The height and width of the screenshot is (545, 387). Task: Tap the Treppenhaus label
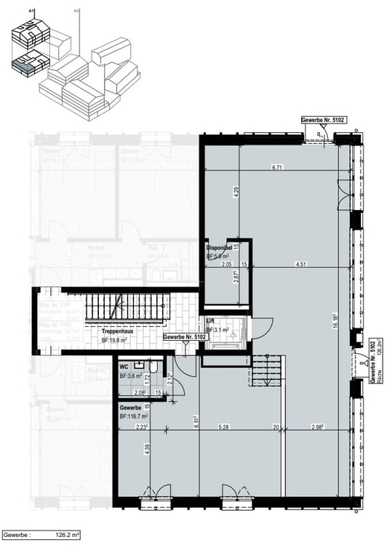click(x=116, y=331)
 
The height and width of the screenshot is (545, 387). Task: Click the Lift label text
click(x=210, y=320)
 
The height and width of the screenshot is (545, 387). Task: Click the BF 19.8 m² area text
click(x=115, y=339)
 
